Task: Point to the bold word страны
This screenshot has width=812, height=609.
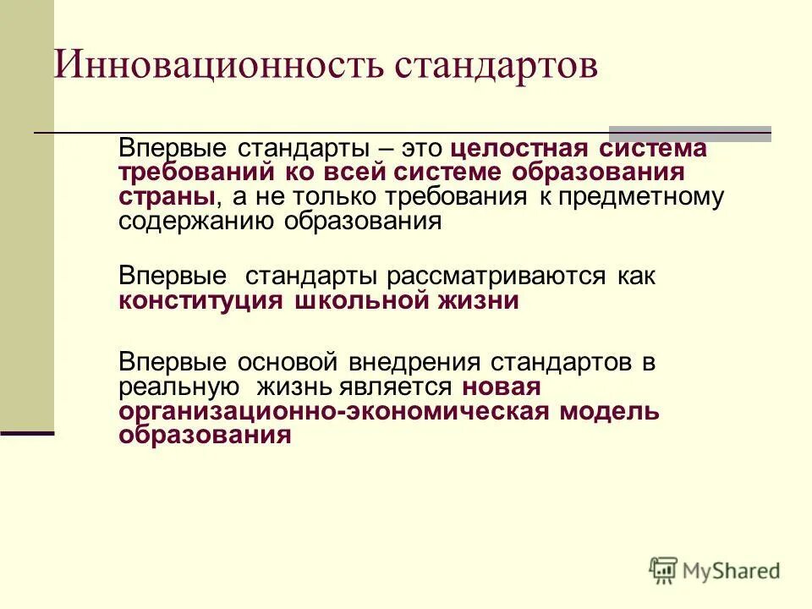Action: point(165,197)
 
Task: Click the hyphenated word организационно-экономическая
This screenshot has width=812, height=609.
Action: point(334,411)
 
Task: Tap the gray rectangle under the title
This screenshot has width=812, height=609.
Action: point(690,133)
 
